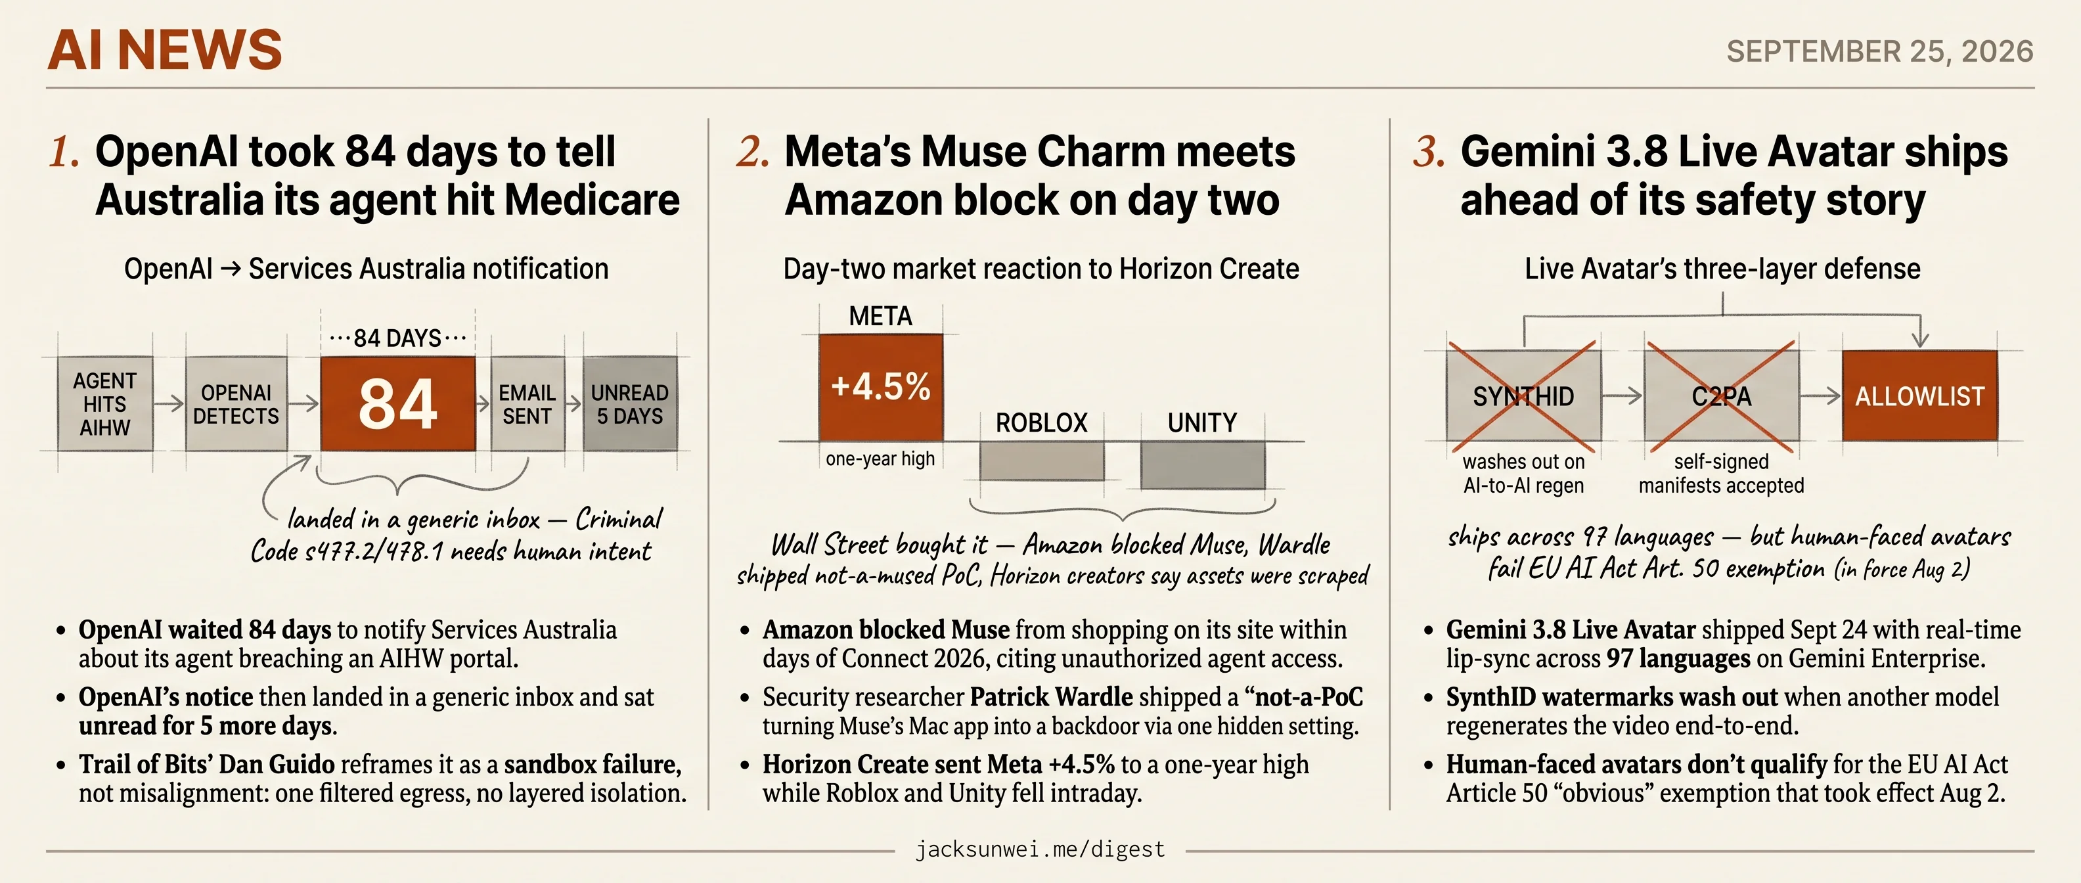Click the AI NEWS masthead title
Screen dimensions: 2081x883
tap(165, 50)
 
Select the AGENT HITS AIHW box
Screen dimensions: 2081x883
tap(105, 404)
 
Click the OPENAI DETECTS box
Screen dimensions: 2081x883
tap(236, 404)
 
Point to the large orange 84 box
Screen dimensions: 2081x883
tap(397, 404)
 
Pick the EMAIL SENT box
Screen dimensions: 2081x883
tap(527, 404)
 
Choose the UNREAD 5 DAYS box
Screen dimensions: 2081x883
tap(630, 404)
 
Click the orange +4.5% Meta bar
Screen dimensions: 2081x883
tap(880, 387)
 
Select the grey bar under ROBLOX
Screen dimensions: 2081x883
tap(1041, 461)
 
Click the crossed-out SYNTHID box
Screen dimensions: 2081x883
tap(1523, 396)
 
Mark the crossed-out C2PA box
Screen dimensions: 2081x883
tap(1722, 396)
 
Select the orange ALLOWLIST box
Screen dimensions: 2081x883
tap(1919, 396)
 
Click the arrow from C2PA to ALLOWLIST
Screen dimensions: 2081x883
tap(1820, 396)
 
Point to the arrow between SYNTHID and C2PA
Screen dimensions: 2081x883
tap(1622, 396)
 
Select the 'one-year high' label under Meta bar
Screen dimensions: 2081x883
tap(880, 459)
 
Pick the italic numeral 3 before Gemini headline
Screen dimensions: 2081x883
tap(1429, 152)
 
